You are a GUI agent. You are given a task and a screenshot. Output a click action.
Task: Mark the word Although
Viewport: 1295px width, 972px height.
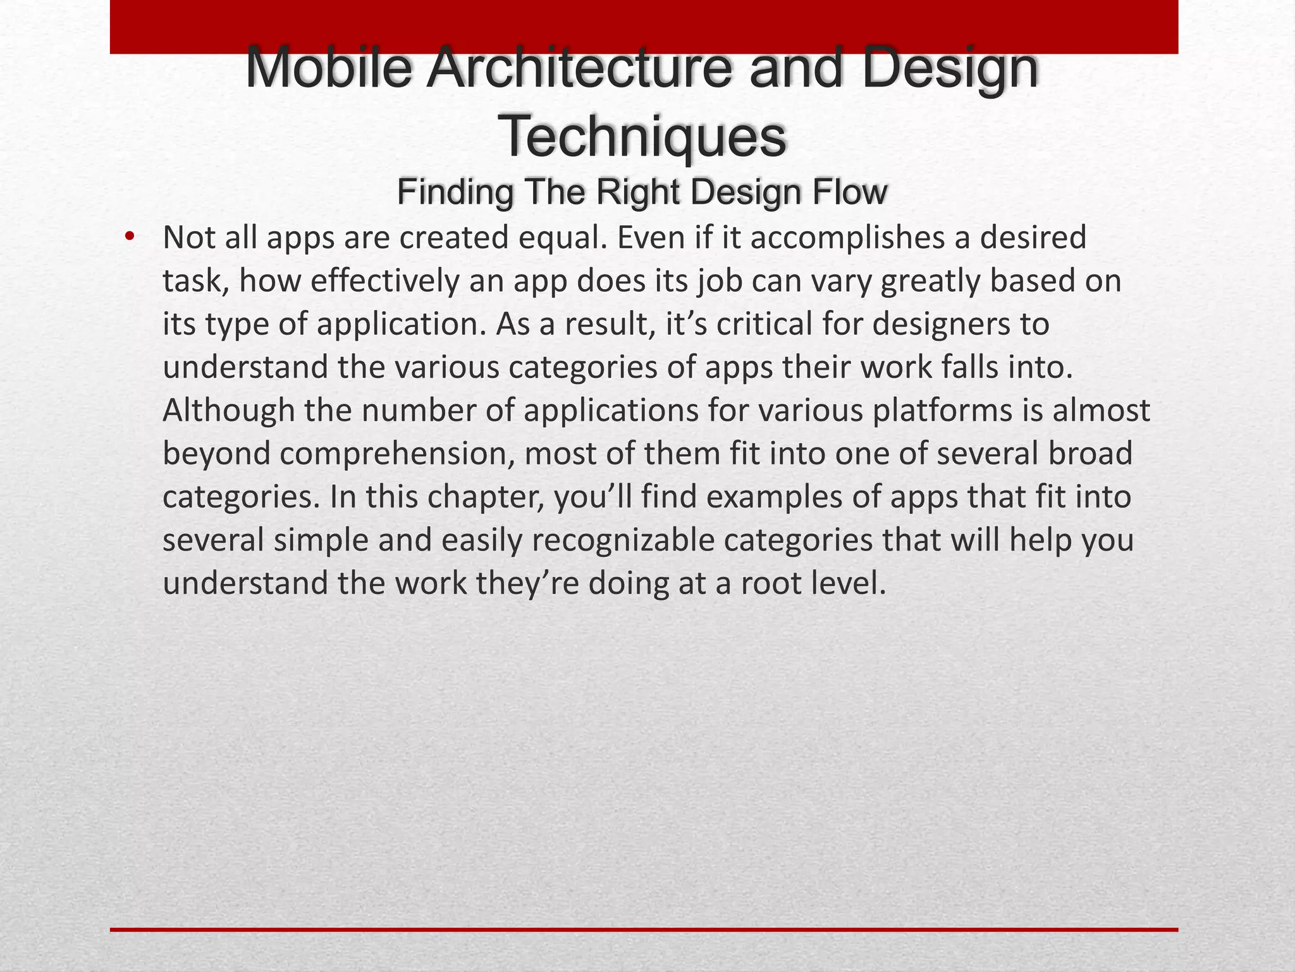229,411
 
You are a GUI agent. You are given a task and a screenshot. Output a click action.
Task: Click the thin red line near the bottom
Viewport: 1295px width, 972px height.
644,930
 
